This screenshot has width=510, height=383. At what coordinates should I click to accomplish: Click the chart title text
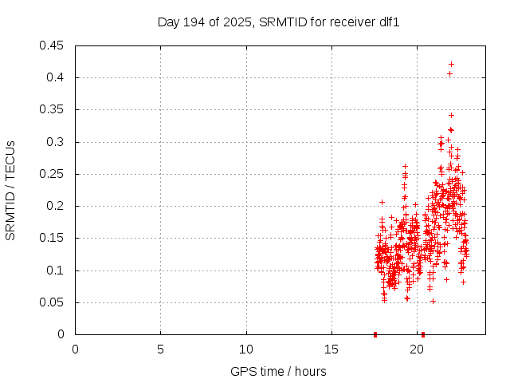pyautogui.click(x=278, y=22)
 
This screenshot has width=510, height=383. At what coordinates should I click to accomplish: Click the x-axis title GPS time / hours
pyautogui.click(x=278, y=371)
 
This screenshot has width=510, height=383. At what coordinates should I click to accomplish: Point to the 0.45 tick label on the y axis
pyautogui.click(x=53, y=45)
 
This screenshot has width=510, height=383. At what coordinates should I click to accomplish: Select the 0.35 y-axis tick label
pyautogui.click(x=53, y=110)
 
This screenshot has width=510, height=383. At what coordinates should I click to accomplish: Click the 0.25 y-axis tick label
pyautogui.click(x=53, y=174)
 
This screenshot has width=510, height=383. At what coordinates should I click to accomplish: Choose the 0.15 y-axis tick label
pyautogui.click(x=53, y=239)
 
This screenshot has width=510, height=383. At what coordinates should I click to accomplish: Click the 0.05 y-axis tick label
pyautogui.click(x=53, y=302)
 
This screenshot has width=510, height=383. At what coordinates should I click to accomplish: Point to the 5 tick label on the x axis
pyautogui.click(x=160, y=349)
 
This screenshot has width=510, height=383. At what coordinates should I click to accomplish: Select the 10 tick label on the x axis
pyautogui.click(x=246, y=349)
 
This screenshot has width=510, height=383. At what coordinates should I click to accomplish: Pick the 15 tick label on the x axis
pyautogui.click(x=331, y=349)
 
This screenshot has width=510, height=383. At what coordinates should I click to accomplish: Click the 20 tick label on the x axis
pyautogui.click(x=417, y=349)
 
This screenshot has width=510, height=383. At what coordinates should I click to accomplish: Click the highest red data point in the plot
pyautogui.click(x=451, y=64)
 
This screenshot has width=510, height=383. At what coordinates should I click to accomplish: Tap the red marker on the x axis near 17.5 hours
pyautogui.click(x=375, y=334)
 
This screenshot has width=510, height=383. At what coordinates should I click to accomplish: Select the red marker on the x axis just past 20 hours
pyautogui.click(x=423, y=334)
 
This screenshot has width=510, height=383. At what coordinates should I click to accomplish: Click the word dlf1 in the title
pyautogui.click(x=387, y=22)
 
